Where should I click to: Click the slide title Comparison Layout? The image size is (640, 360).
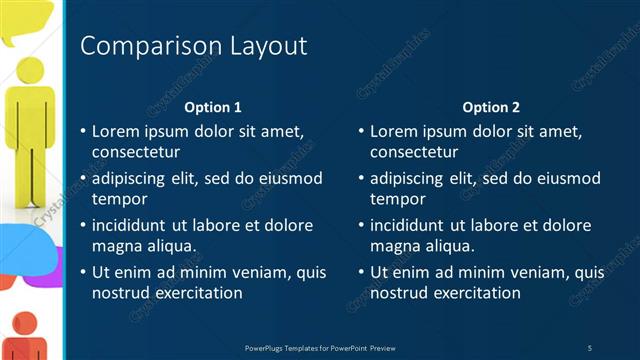point(193,46)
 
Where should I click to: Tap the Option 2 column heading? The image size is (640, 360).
point(492,107)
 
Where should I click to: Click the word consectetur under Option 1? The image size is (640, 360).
point(136,152)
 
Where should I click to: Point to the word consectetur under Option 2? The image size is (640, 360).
point(414,152)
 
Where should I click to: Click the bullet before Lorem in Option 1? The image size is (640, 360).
point(82,132)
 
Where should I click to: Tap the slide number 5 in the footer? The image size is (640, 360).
point(590,348)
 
